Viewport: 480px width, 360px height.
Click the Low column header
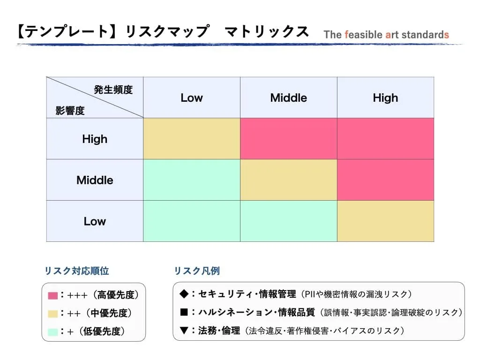[192, 97]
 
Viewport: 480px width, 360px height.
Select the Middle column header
[288, 97]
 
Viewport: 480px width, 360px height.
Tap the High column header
[385, 97]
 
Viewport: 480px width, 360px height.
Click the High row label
[95, 139]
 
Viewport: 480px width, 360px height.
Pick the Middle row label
[95, 180]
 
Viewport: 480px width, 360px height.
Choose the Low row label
[95, 221]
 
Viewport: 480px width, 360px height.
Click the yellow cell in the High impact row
[192, 139]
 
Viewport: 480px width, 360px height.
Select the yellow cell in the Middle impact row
[288, 180]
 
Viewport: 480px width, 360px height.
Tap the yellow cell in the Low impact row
[385, 221]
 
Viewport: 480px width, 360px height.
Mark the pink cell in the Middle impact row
[385, 180]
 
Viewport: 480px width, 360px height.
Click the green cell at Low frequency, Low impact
[192, 221]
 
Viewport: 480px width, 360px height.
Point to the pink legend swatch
[52, 296]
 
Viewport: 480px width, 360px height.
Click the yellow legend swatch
[52, 314]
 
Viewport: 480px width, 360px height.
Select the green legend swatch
[52, 331]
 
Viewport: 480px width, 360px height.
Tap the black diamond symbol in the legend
[184, 294]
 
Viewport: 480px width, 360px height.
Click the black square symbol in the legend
[184, 312]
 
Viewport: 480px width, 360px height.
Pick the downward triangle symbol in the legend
[184, 330]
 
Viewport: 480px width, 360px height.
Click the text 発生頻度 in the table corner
[113, 90]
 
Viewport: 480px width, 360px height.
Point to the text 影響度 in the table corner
[70, 111]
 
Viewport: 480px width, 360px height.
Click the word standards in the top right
[424, 35]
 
